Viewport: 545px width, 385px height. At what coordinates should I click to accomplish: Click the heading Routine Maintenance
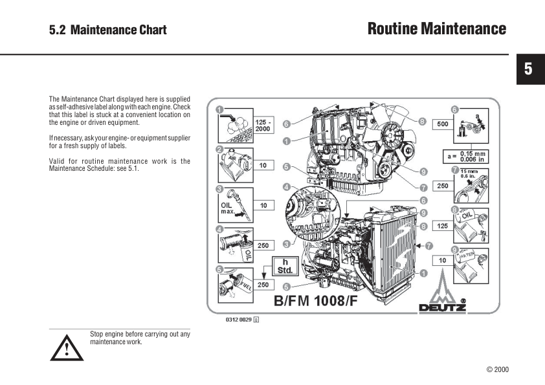click(x=436, y=28)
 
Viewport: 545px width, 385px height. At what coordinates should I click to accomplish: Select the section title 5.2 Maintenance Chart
click(x=108, y=30)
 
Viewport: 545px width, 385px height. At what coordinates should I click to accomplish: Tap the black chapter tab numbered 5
click(x=528, y=69)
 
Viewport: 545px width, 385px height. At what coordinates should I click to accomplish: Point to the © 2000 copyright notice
click(x=497, y=369)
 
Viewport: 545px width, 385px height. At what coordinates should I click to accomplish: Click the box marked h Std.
click(x=284, y=265)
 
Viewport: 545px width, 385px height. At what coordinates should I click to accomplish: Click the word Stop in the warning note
click(x=96, y=334)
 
